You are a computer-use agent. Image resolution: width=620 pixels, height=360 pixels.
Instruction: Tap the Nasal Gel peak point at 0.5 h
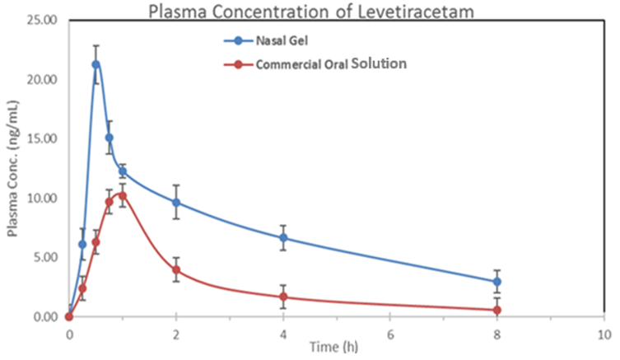click(96, 64)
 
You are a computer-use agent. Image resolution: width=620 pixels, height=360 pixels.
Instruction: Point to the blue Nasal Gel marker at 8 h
click(496, 282)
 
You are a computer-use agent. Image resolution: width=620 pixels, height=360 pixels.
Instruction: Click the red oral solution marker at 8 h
click(496, 310)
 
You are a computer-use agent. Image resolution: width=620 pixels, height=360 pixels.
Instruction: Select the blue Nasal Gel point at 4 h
click(283, 238)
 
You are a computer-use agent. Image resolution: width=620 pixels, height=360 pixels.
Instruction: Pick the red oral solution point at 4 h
click(283, 297)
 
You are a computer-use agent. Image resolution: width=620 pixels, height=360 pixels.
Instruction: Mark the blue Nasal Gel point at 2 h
click(175, 203)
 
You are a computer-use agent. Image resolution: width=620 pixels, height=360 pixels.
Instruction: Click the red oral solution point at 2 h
click(175, 270)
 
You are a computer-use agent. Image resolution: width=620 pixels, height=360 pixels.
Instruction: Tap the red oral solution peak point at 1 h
click(123, 196)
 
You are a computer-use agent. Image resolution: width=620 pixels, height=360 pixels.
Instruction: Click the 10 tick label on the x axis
click(603, 334)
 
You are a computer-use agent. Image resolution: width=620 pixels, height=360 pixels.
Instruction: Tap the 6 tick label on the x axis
click(389, 334)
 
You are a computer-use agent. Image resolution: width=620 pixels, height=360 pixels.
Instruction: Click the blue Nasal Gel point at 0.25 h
click(82, 245)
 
